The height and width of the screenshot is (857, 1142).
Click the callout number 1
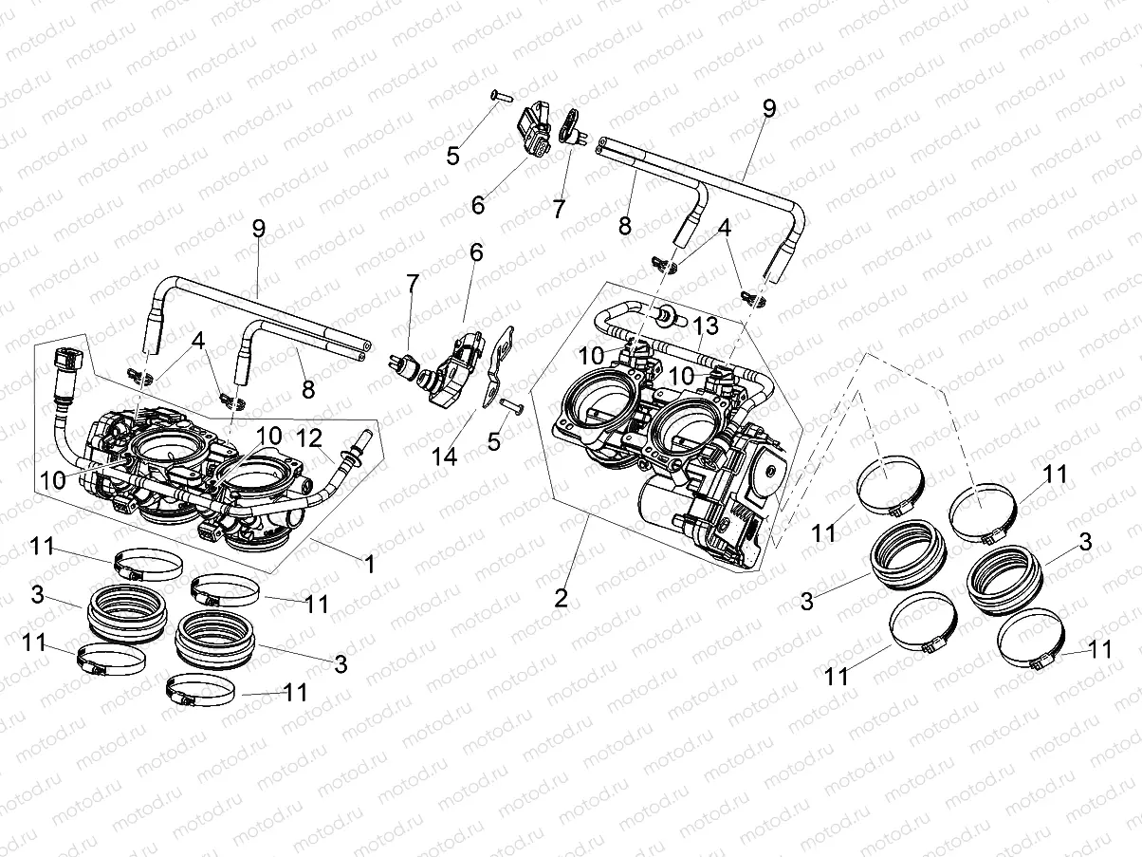pos(369,564)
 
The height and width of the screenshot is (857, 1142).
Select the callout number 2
pos(562,598)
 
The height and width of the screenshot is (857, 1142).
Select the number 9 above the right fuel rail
pos(768,108)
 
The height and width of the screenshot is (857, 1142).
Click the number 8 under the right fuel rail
pos(624,227)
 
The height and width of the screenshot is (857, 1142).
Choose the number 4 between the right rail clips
pos(725,229)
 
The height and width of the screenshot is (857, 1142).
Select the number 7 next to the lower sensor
pos(411,284)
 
